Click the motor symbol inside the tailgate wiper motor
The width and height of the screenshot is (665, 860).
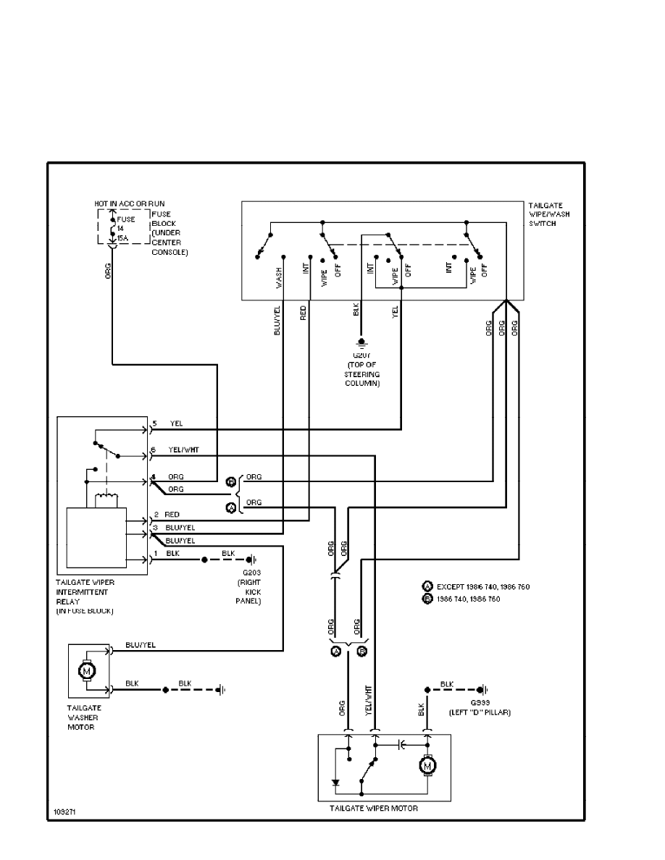tap(427, 764)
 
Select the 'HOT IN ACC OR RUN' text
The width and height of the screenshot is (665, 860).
tap(129, 204)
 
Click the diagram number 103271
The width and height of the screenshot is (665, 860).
tap(64, 812)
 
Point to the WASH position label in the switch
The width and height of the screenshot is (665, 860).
tap(279, 279)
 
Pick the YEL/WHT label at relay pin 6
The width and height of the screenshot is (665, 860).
tap(184, 450)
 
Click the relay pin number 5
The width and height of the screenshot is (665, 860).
tap(154, 423)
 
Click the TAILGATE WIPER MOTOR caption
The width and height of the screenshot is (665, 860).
tap(374, 808)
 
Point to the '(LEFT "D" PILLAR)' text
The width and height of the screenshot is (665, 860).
tap(479, 712)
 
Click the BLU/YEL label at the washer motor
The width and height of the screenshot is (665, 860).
tap(141, 644)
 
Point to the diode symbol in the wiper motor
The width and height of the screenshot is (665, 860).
tap(335, 782)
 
